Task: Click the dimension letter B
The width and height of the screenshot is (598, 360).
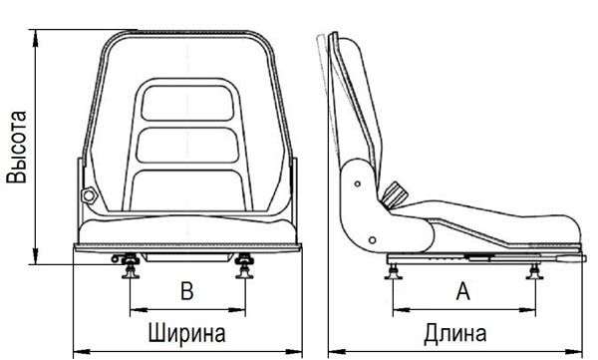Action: coord(187,291)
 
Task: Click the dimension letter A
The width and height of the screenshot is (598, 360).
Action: coord(463,291)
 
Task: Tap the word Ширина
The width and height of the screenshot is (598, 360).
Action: coord(186,332)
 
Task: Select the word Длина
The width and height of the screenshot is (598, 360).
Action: coord(455,333)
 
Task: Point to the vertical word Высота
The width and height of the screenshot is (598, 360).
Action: coord(17,147)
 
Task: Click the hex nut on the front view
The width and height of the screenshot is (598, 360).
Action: coord(89,195)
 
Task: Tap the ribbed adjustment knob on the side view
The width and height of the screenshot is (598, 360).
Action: coord(394,195)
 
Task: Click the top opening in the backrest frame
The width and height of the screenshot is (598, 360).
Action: coord(187,103)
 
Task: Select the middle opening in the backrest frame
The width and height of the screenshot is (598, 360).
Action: coord(187,145)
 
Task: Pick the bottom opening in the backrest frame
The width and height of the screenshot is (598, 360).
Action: coord(187,190)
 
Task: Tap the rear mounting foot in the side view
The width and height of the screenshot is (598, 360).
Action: coord(394,272)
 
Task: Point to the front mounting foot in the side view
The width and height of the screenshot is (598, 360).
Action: coord(534,272)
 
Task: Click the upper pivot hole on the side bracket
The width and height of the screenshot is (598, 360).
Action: coord(358,184)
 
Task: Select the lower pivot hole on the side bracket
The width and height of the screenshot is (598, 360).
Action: coord(373,240)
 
